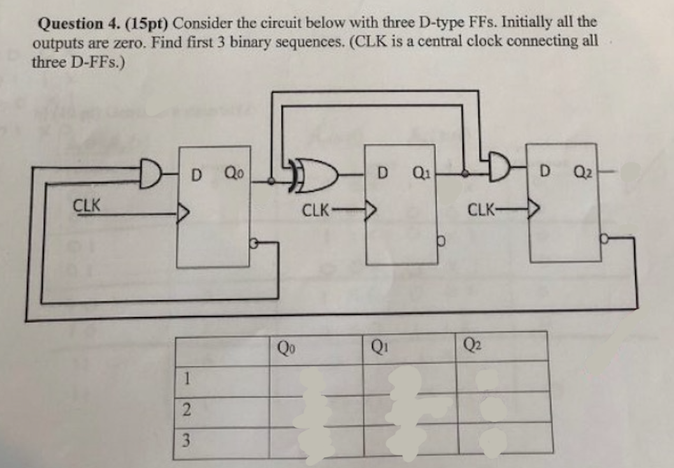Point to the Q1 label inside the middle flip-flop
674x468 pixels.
(x=421, y=170)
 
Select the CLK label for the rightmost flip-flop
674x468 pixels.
(x=482, y=208)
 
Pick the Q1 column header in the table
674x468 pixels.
(x=378, y=347)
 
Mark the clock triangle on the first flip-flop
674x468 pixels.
(x=183, y=210)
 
